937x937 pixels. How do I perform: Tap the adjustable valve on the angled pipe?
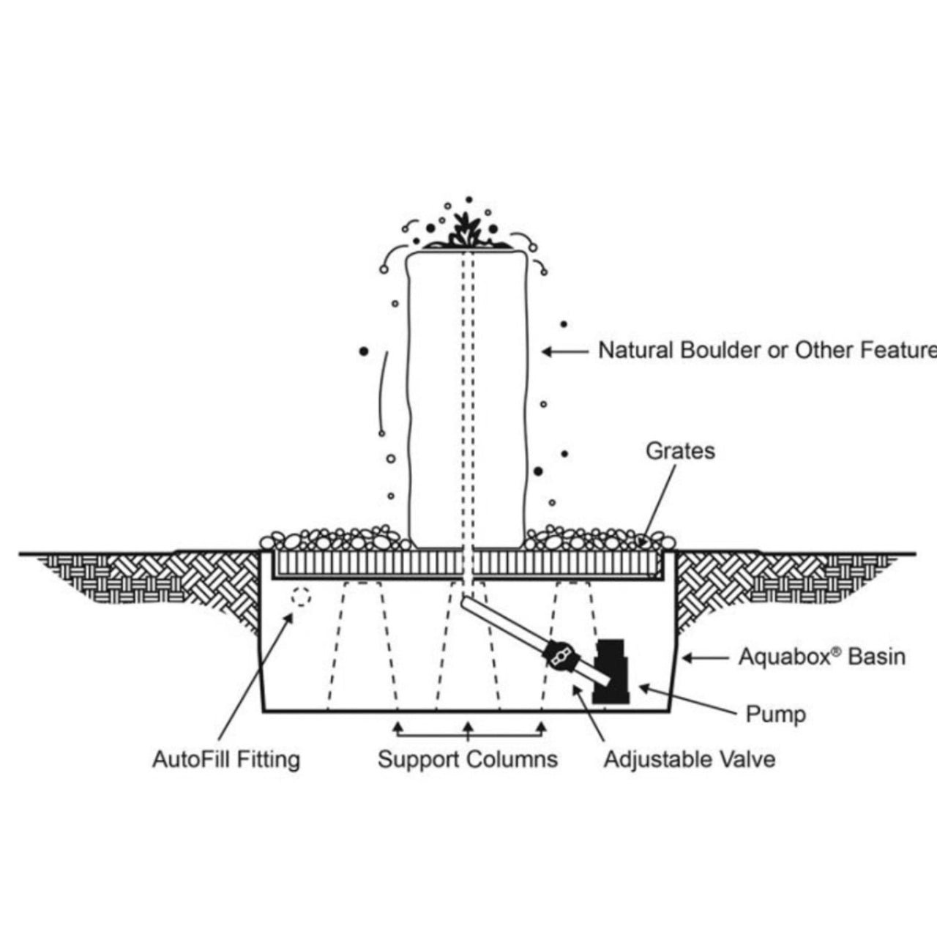[x=561, y=653]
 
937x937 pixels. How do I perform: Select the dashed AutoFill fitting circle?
[x=299, y=597]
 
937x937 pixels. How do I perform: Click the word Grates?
[x=680, y=451]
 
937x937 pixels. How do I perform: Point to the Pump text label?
[x=775, y=714]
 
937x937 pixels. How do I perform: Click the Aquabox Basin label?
[x=821, y=657]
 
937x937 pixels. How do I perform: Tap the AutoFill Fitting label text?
[x=226, y=759]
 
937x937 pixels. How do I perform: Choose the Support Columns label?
[x=468, y=759]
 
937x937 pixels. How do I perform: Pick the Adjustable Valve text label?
[x=689, y=759]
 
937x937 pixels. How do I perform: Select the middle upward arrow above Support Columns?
[x=468, y=727]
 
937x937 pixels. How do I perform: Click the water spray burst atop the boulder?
[x=463, y=229]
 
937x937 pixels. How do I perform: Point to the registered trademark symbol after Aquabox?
[x=835, y=650]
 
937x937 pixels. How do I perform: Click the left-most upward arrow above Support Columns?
[x=397, y=727]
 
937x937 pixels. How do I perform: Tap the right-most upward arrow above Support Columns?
[x=542, y=727]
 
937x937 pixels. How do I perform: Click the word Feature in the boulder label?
[x=900, y=351]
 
